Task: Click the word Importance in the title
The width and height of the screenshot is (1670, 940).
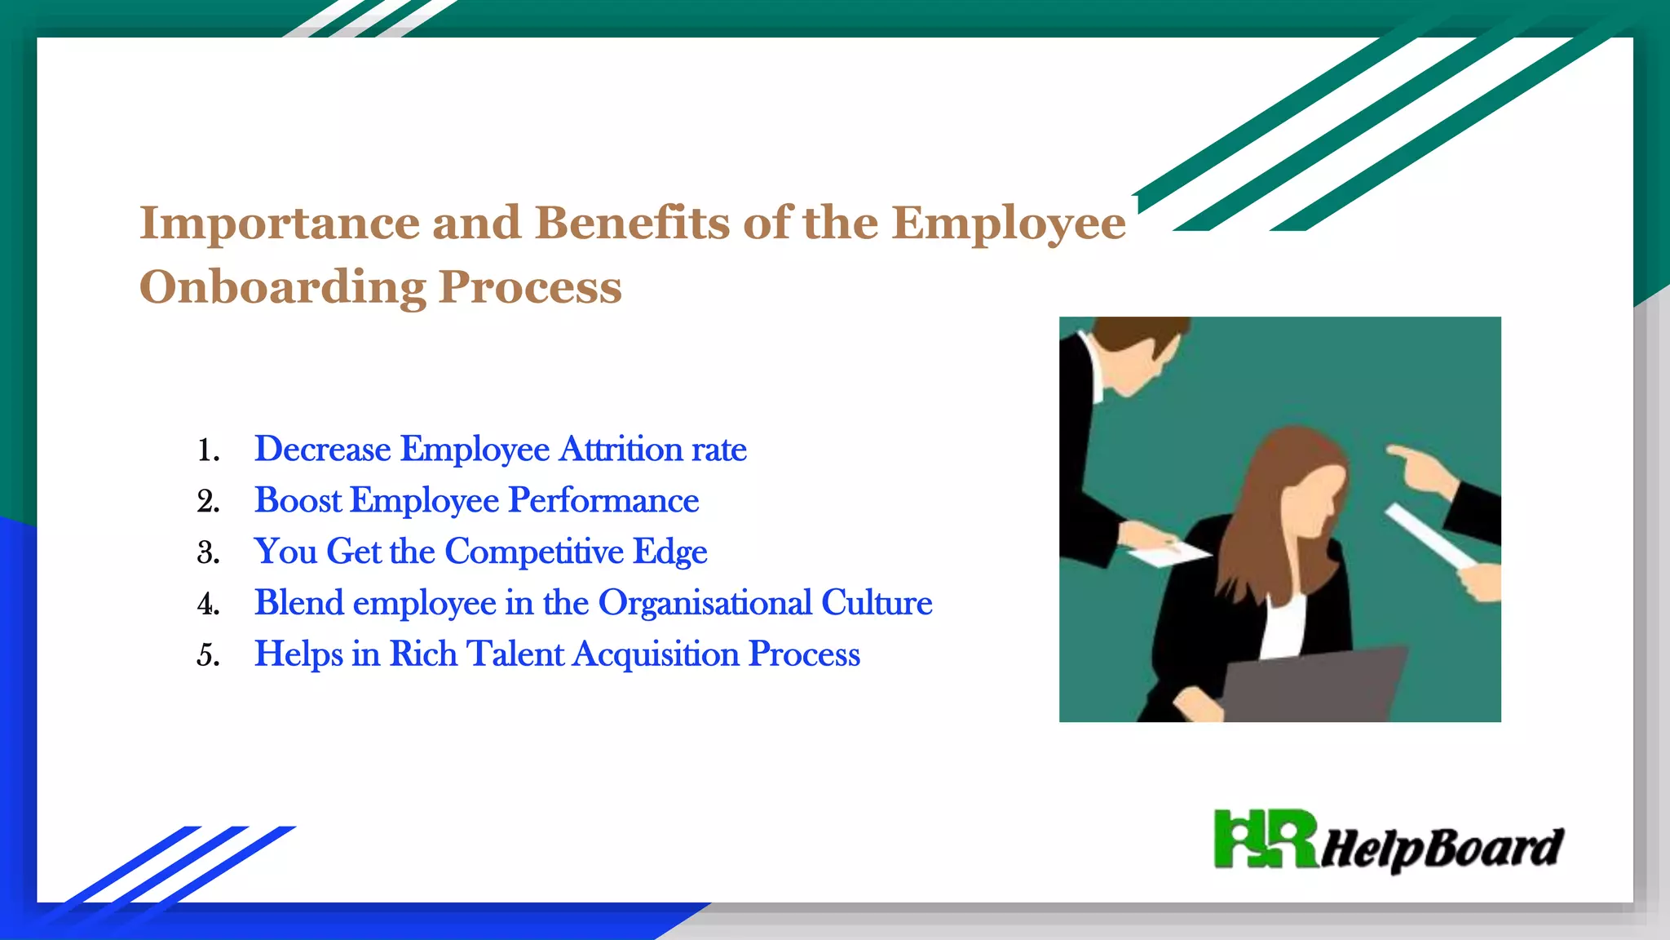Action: click(279, 224)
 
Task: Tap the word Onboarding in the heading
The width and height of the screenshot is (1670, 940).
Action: click(282, 288)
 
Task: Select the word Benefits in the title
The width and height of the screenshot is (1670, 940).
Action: click(632, 222)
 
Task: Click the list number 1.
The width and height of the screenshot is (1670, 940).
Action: click(207, 450)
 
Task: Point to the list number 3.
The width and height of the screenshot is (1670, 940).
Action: click(207, 553)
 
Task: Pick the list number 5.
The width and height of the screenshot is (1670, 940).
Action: click(207, 655)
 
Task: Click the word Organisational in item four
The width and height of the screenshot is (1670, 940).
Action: click(705, 603)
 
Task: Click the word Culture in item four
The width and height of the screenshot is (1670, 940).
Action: click(877, 603)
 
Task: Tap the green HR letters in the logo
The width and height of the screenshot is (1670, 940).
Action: click(1264, 838)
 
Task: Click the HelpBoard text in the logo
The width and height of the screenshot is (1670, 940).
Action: click(1442, 849)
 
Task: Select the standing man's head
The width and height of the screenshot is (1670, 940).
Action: click(1138, 351)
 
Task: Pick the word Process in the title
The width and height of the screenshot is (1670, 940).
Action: click(530, 288)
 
